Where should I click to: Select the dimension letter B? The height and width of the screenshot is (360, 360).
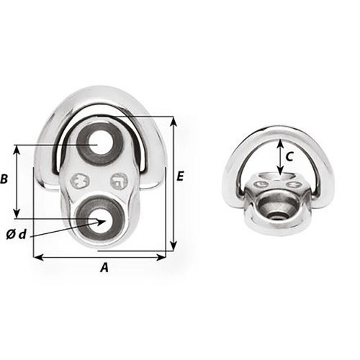click(6, 180)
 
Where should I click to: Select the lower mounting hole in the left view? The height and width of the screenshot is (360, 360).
click(97, 217)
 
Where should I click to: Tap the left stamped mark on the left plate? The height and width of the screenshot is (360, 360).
click(81, 181)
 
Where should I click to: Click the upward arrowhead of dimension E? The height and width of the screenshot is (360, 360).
click(173, 119)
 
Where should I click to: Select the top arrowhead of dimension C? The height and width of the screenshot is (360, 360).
click(280, 140)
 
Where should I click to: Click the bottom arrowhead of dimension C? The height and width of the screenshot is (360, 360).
click(280, 171)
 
